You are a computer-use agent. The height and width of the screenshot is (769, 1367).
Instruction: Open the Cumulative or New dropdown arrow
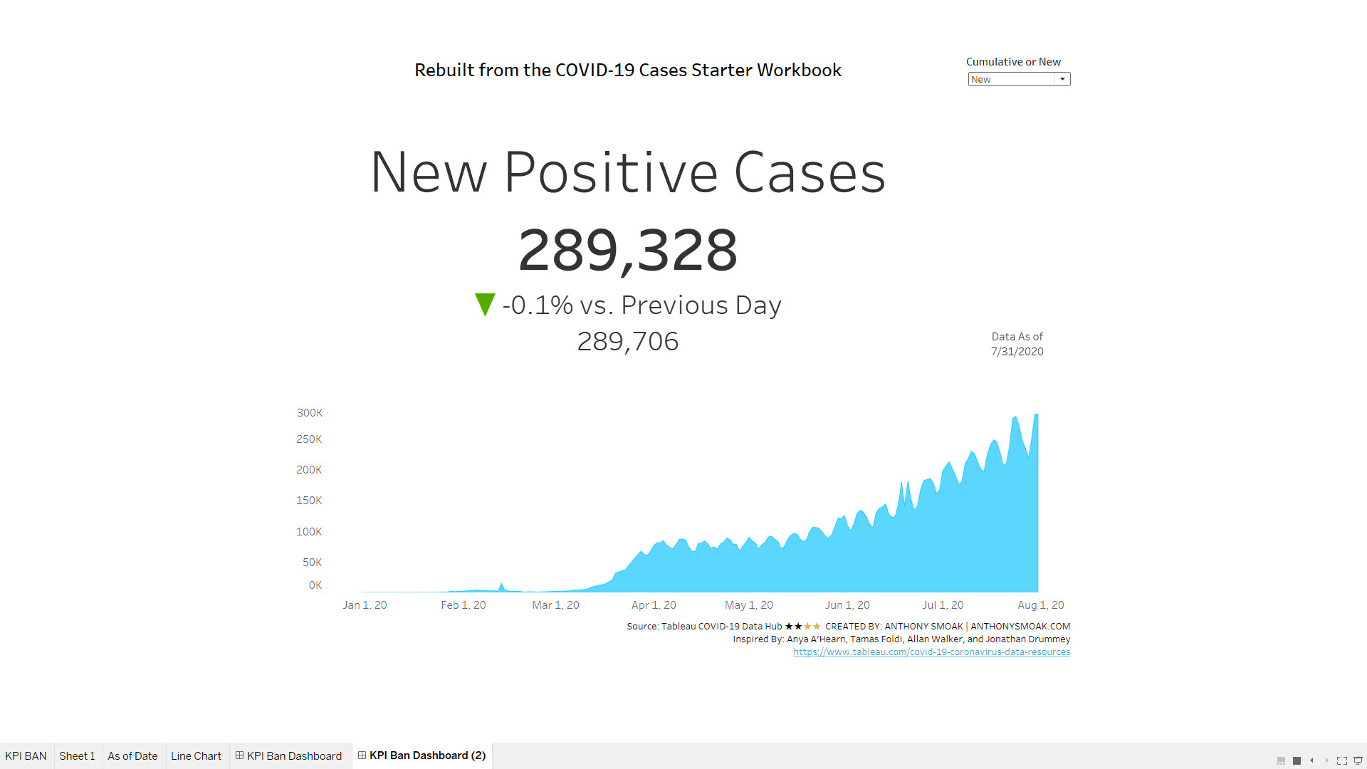1062,79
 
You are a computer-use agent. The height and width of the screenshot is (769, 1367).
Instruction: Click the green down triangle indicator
485,304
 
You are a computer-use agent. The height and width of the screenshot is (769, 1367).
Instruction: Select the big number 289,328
627,250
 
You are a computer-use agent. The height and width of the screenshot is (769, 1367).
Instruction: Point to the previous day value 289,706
627,342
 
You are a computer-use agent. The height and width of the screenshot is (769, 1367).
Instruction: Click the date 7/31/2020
1017,352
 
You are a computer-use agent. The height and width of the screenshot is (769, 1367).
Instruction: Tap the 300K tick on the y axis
310,413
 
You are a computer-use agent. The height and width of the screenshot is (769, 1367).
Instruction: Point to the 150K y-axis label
309,501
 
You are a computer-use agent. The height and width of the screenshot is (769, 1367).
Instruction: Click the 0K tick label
315,585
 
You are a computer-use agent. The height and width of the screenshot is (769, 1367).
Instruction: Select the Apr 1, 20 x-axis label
654,605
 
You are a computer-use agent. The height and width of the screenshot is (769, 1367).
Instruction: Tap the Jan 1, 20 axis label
365,605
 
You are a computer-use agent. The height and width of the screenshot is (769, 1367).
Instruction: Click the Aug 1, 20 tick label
1040,605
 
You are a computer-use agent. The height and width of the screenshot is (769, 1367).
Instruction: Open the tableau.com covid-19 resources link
931,652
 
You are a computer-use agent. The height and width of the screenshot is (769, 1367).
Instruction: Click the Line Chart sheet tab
196,756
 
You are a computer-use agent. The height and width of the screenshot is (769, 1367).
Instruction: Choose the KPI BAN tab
26,756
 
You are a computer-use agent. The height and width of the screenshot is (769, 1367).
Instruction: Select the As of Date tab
132,756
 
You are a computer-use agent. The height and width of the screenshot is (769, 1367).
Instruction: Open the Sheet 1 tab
77,756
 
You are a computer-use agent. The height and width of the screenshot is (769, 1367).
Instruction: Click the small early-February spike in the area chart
502,587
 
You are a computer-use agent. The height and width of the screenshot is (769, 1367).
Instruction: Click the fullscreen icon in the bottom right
1341,760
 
